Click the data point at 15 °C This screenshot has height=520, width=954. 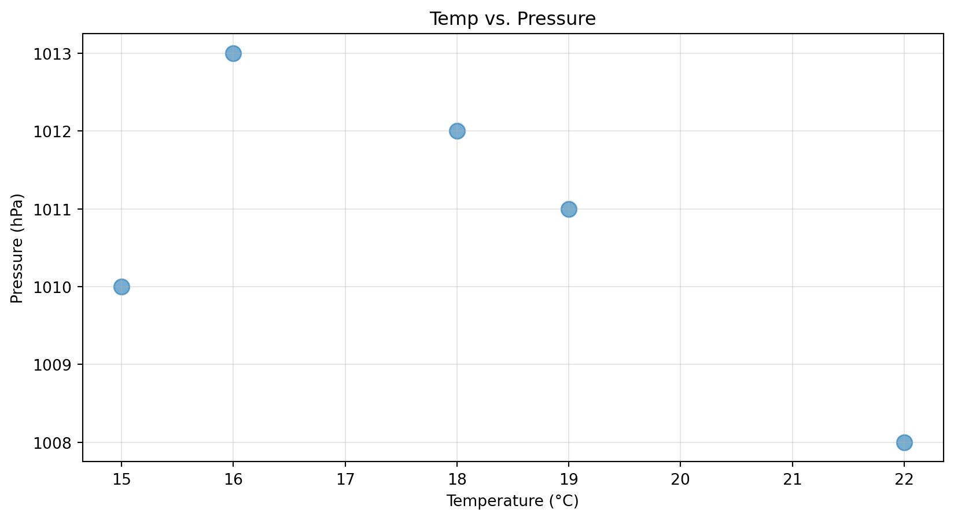tap(121, 287)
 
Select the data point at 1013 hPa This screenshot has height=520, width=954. tap(233, 54)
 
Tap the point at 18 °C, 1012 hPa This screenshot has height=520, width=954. tap(457, 131)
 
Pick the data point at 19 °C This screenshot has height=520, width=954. tap(569, 209)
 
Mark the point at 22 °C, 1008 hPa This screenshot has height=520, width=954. tap(904, 442)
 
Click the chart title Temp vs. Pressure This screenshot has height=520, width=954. tap(513, 19)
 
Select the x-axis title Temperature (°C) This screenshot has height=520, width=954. tap(513, 501)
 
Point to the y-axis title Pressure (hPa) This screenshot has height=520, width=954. tap(17, 248)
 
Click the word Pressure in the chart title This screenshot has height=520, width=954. tap(556, 19)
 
